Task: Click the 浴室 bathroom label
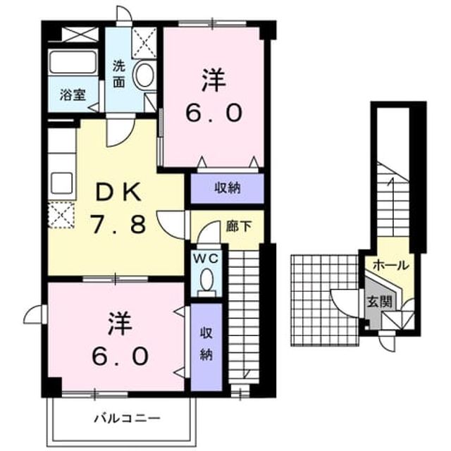(x=73, y=95)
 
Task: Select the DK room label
(x=118, y=192)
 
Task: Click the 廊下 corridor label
(x=239, y=226)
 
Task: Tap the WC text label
(x=206, y=259)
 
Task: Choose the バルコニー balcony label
(x=127, y=418)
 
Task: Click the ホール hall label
(x=390, y=265)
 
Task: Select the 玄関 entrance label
(x=379, y=302)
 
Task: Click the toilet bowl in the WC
(x=206, y=281)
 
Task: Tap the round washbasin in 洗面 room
(x=144, y=75)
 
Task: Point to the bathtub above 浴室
(x=73, y=62)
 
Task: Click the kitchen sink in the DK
(x=61, y=183)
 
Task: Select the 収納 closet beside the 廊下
(x=227, y=188)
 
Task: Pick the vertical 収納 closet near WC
(x=206, y=347)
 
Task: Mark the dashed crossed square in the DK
(x=61, y=215)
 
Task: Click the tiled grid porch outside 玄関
(x=325, y=300)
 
